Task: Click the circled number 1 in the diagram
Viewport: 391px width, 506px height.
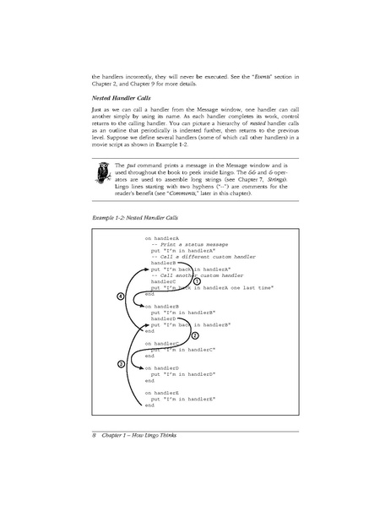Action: (x=197, y=281)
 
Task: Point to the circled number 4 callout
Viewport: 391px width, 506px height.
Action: (x=121, y=297)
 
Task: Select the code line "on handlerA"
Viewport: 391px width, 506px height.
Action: (x=164, y=239)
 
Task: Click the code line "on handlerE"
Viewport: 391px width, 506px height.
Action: (x=164, y=393)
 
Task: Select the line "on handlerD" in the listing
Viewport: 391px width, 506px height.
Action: (x=164, y=367)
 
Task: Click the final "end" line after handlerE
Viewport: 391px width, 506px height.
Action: (x=149, y=405)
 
